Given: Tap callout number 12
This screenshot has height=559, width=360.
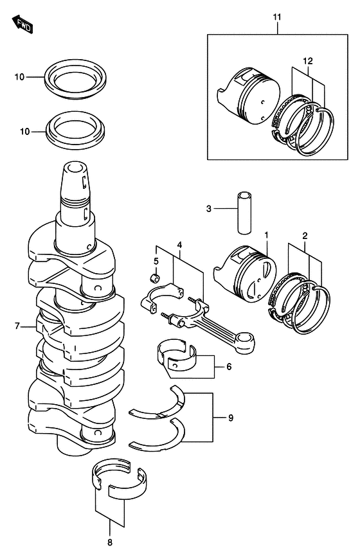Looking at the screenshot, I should click(308, 60).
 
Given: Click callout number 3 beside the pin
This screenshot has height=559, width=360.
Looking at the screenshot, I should click(208, 209).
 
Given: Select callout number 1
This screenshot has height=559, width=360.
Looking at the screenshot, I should click(265, 236).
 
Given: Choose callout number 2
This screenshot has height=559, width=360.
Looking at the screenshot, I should click(305, 236).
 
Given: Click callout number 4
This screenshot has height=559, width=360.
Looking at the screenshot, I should click(180, 245).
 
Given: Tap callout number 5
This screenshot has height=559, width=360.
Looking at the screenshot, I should click(156, 261).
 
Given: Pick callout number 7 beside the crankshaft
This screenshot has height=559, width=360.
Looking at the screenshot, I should click(19, 326).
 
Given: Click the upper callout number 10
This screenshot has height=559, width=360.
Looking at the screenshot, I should click(20, 77).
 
